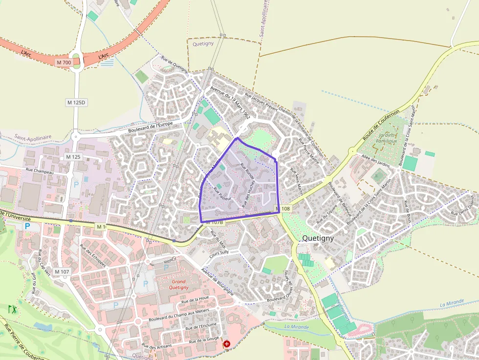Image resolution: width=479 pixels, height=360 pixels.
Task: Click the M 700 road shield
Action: tap(64, 63)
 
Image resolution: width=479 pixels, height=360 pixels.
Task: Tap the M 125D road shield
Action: tap(76, 103)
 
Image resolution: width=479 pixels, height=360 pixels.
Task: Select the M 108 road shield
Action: tap(283, 209)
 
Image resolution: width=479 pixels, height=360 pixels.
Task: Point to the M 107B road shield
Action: tap(215, 222)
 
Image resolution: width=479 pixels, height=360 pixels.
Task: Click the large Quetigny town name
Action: tap(318, 238)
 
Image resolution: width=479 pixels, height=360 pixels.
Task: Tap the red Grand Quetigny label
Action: tap(179, 284)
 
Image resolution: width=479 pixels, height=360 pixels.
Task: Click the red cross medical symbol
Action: tap(227, 344)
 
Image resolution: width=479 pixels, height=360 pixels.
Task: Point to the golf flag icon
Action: tap(12, 309)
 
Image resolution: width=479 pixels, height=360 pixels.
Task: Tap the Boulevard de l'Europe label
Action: tap(151, 127)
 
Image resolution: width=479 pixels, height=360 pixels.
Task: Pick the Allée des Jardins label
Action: tap(375, 160)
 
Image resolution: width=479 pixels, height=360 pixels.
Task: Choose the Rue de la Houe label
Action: tap(195, 298)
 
